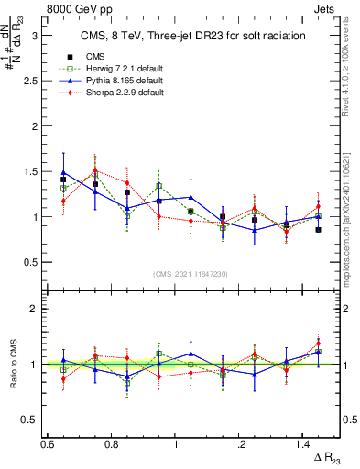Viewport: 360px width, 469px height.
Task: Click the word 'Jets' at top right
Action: tap(326, 8)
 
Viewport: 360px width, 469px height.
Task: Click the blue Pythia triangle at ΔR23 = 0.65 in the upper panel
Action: tap(63, 172)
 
